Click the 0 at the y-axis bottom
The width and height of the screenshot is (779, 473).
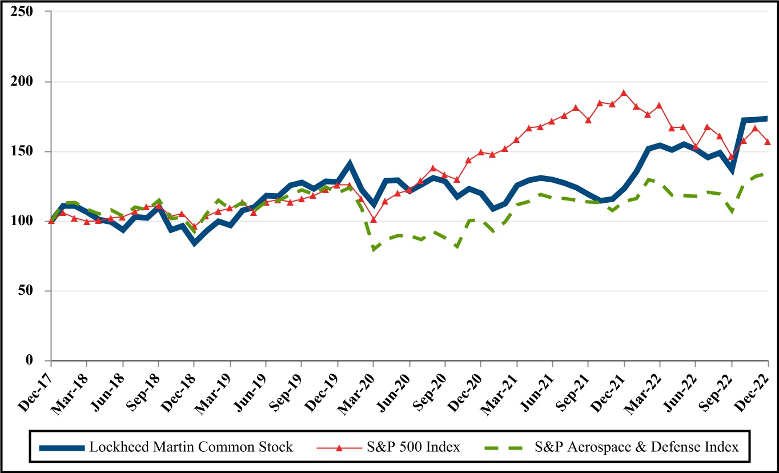tap(38, 360)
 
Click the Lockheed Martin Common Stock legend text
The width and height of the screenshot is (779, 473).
tap(191, 447)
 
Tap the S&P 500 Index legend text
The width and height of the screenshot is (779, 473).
tap(413, 447)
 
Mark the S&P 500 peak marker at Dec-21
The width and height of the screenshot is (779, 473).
tap(624, 93)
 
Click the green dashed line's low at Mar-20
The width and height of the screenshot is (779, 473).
tap(374, 249)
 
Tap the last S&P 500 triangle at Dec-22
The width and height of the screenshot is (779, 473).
tap(768, 142)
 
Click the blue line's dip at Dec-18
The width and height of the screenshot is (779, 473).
tap(195, 243)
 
